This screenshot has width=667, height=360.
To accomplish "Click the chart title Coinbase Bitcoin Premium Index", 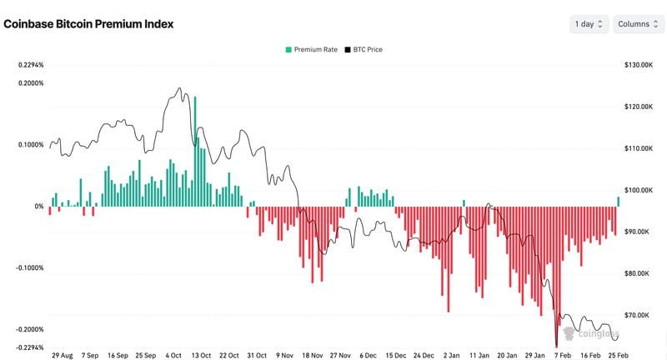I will pyautogui.click(x=88, y=24).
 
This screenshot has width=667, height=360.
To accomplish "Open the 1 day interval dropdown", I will pyautogui.click(x=589, y=24).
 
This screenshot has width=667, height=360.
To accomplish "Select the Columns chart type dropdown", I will pyautogui.click(x=639, y=24).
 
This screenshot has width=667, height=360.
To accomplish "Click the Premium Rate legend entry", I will pyautogui.click(x=311, y=50).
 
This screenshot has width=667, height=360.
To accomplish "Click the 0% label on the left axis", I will pyautogui.click(x=38, y=207).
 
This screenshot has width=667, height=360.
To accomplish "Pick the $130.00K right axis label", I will pyautogui.click(x=636, y=65).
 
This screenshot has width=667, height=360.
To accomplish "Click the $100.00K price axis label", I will pyautogui.click(x=636, y=190).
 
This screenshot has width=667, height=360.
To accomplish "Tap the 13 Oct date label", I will pyautogui.click(x=201, y=355).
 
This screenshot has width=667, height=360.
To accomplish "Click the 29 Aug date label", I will pyautogui.click(x=62, y=355).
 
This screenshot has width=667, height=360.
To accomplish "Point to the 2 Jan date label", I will pyautogui.click(x=451, y=355).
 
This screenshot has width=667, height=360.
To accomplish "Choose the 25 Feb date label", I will pyautogui.click(x=618, y=355).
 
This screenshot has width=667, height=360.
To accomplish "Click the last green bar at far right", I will pyautogui.click(x=619, y=202).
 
